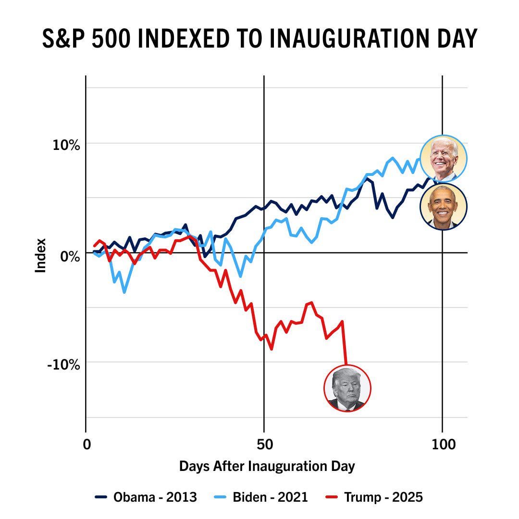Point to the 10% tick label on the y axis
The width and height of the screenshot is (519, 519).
tap(66, 145)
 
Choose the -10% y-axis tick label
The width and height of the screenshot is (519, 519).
tap(63, 364)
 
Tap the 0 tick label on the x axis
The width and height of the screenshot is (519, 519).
tap(86, 445)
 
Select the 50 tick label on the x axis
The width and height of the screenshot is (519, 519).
tap(264, 445)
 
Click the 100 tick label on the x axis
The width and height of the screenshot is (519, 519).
tap(442, 445)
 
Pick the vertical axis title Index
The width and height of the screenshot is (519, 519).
tap(41, 255)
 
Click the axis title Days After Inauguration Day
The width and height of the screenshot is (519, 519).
tap(267, 466)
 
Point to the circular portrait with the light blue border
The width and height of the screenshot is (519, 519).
tap(444, 159)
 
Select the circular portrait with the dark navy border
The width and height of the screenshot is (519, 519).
tap(444, 207)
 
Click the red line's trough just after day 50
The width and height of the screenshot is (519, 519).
tap(272, 349)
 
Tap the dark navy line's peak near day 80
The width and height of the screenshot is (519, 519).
tap(367, 178)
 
